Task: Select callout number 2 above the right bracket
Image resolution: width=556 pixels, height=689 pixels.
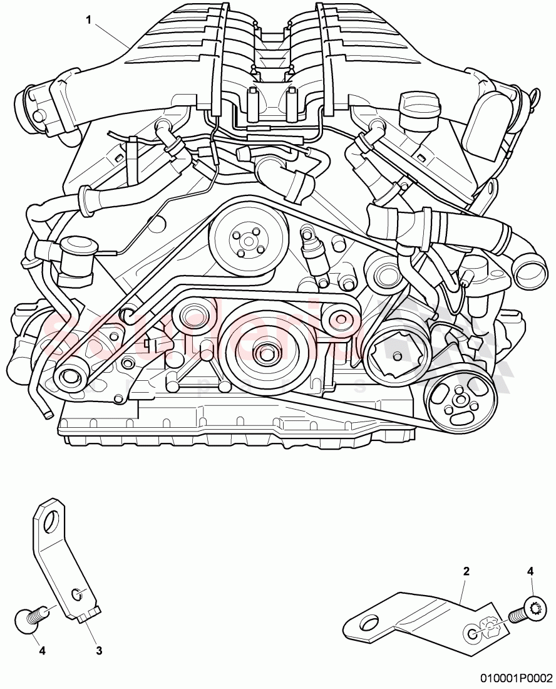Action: [x=466, y=571]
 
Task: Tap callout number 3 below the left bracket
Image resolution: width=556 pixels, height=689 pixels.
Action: [x=99, y=651]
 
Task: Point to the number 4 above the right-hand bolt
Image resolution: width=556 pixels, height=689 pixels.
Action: [x=531, y=571]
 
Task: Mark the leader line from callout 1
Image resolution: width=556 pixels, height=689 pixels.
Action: [x=113, y=34]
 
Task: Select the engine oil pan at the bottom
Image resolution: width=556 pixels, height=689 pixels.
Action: [x=238, y=432]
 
